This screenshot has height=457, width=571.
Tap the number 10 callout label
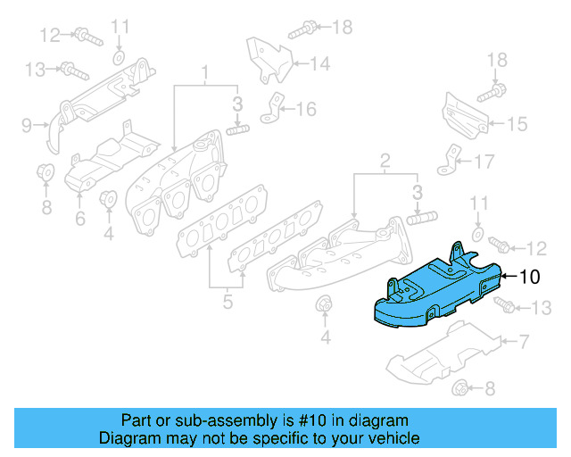click(530, 277)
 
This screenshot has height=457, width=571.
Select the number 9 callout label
click(27, 124)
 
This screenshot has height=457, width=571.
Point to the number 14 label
click(320, 63)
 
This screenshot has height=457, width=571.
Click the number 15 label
click(517, 125)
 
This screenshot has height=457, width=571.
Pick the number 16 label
click(306, 110)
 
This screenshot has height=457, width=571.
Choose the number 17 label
click(483, 162)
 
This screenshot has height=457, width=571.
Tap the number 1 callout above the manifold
click(204, 71)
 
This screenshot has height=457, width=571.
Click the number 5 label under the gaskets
click(228, 303)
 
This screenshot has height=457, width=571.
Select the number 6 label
click(79, 218)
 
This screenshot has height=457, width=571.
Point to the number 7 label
click(525, 341)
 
